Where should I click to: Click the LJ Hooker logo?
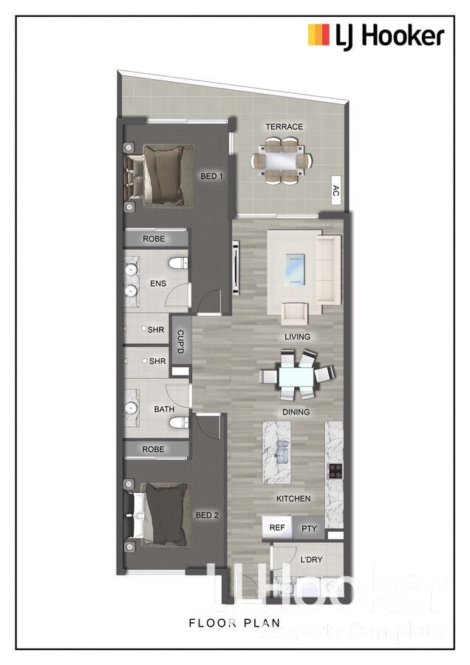point(376,35)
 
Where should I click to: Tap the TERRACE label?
point(285,126)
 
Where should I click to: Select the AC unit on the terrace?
point(336,191)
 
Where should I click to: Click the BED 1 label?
point(211,176)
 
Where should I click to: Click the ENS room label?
point(157,283)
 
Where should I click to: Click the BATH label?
point(164,409)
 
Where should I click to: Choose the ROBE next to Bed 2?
point(153,449)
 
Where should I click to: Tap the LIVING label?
point(297,337)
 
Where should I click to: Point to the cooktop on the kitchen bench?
point(335,470)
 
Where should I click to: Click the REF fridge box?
point(277,528)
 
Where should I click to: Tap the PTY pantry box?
point(309,528)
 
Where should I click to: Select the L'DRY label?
point(311,559)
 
